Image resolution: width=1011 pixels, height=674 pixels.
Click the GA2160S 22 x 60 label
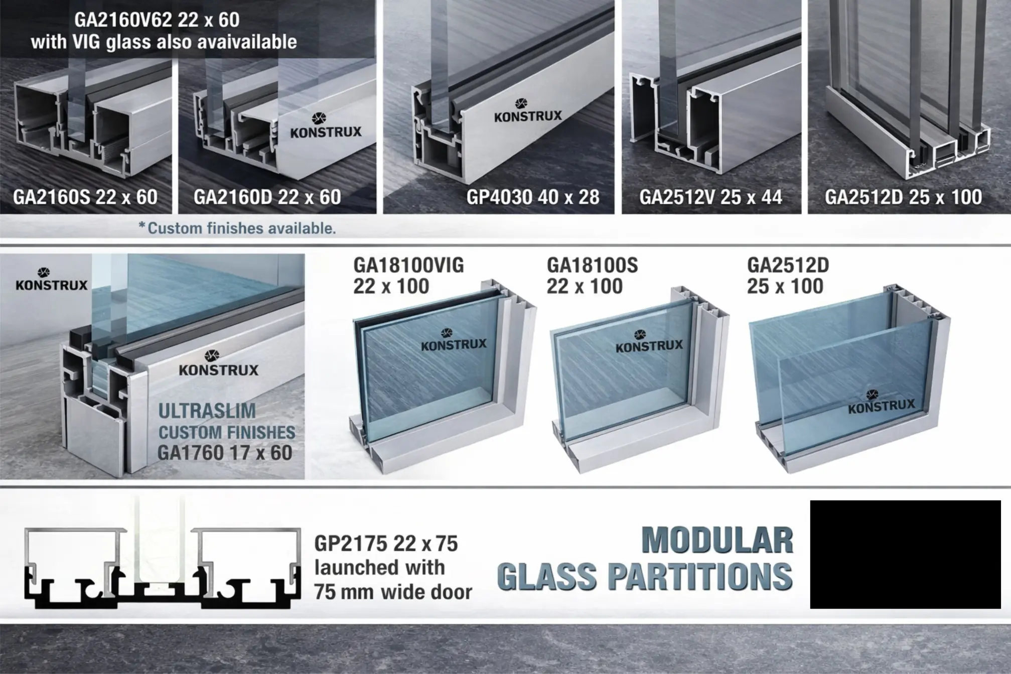pyautogui.click(x=85, y=197)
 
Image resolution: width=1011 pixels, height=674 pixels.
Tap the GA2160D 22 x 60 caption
pyautogui.click(x=267, y=197)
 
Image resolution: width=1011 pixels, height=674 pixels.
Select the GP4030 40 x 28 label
pyautogui.click(x=533, y=197)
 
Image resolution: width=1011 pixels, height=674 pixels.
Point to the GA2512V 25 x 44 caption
pyautogui.click(x=710, y=197)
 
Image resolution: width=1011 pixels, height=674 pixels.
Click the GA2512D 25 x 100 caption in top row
pyautogui.click(x=903, y=197)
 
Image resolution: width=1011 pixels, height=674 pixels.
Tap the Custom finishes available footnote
pyautogui.click(x=237, y=228)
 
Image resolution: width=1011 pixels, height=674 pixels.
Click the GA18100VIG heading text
pyautogui.click(x=408, y=265)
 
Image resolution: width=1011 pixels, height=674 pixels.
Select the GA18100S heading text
pyautogui.click(x=592, y=265)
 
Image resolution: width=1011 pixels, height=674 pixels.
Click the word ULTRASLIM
pyautogui.click(x=207, y=411)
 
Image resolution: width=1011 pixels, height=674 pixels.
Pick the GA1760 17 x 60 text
pyautogui.click(x=225, y=453)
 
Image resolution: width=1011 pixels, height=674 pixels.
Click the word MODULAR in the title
pyautogui.click(x=717, y=541)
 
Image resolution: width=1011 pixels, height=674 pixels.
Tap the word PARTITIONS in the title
pyautogui.click(x=700, y=576)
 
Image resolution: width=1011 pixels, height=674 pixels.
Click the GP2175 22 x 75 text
pyautogui.click(x=386, y=544)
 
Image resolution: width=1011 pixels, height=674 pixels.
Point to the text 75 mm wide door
pyautogui.click(x=393, y=592)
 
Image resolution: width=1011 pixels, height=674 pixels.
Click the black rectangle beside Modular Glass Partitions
pyautogui.click(x=906, y=555)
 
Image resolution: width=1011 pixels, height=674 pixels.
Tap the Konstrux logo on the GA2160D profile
pyautogui.click(x=326, y=125)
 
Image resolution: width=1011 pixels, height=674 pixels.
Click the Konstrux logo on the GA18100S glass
pyautogui.click(x=649, y=341)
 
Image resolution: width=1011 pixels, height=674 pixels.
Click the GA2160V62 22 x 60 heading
pyautogui.click(x=157, y=20)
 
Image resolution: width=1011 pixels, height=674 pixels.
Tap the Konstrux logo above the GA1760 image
pyautogui.click(x=52, y=279)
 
